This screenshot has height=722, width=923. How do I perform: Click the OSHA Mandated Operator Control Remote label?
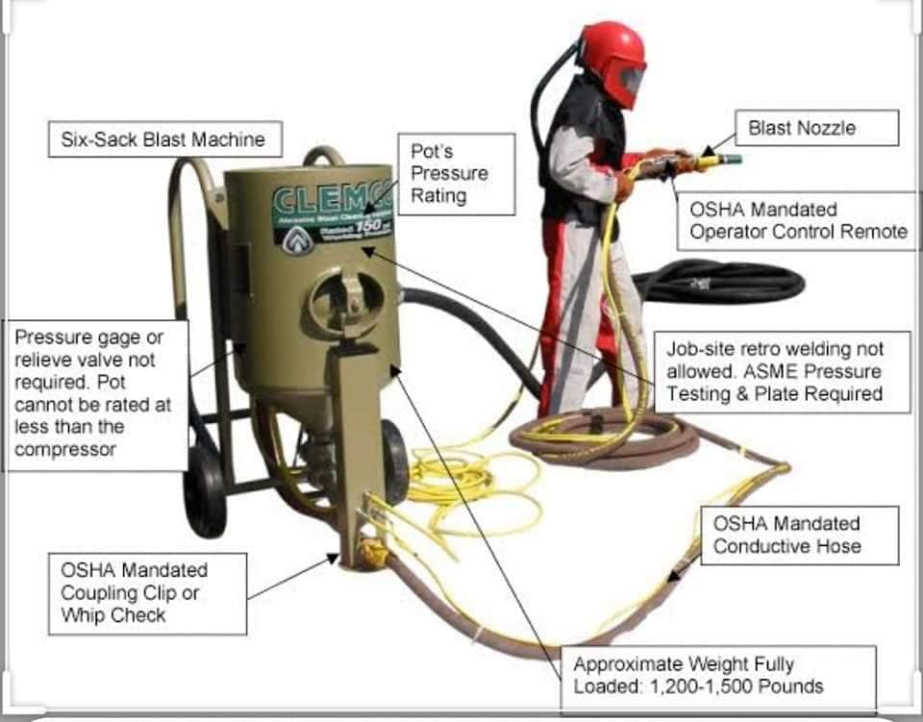point(798,220)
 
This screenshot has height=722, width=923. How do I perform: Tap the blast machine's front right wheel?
point(395,461)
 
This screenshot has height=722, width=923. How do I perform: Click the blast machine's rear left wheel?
point(205,489)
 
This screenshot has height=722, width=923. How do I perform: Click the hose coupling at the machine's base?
point(369,554)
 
